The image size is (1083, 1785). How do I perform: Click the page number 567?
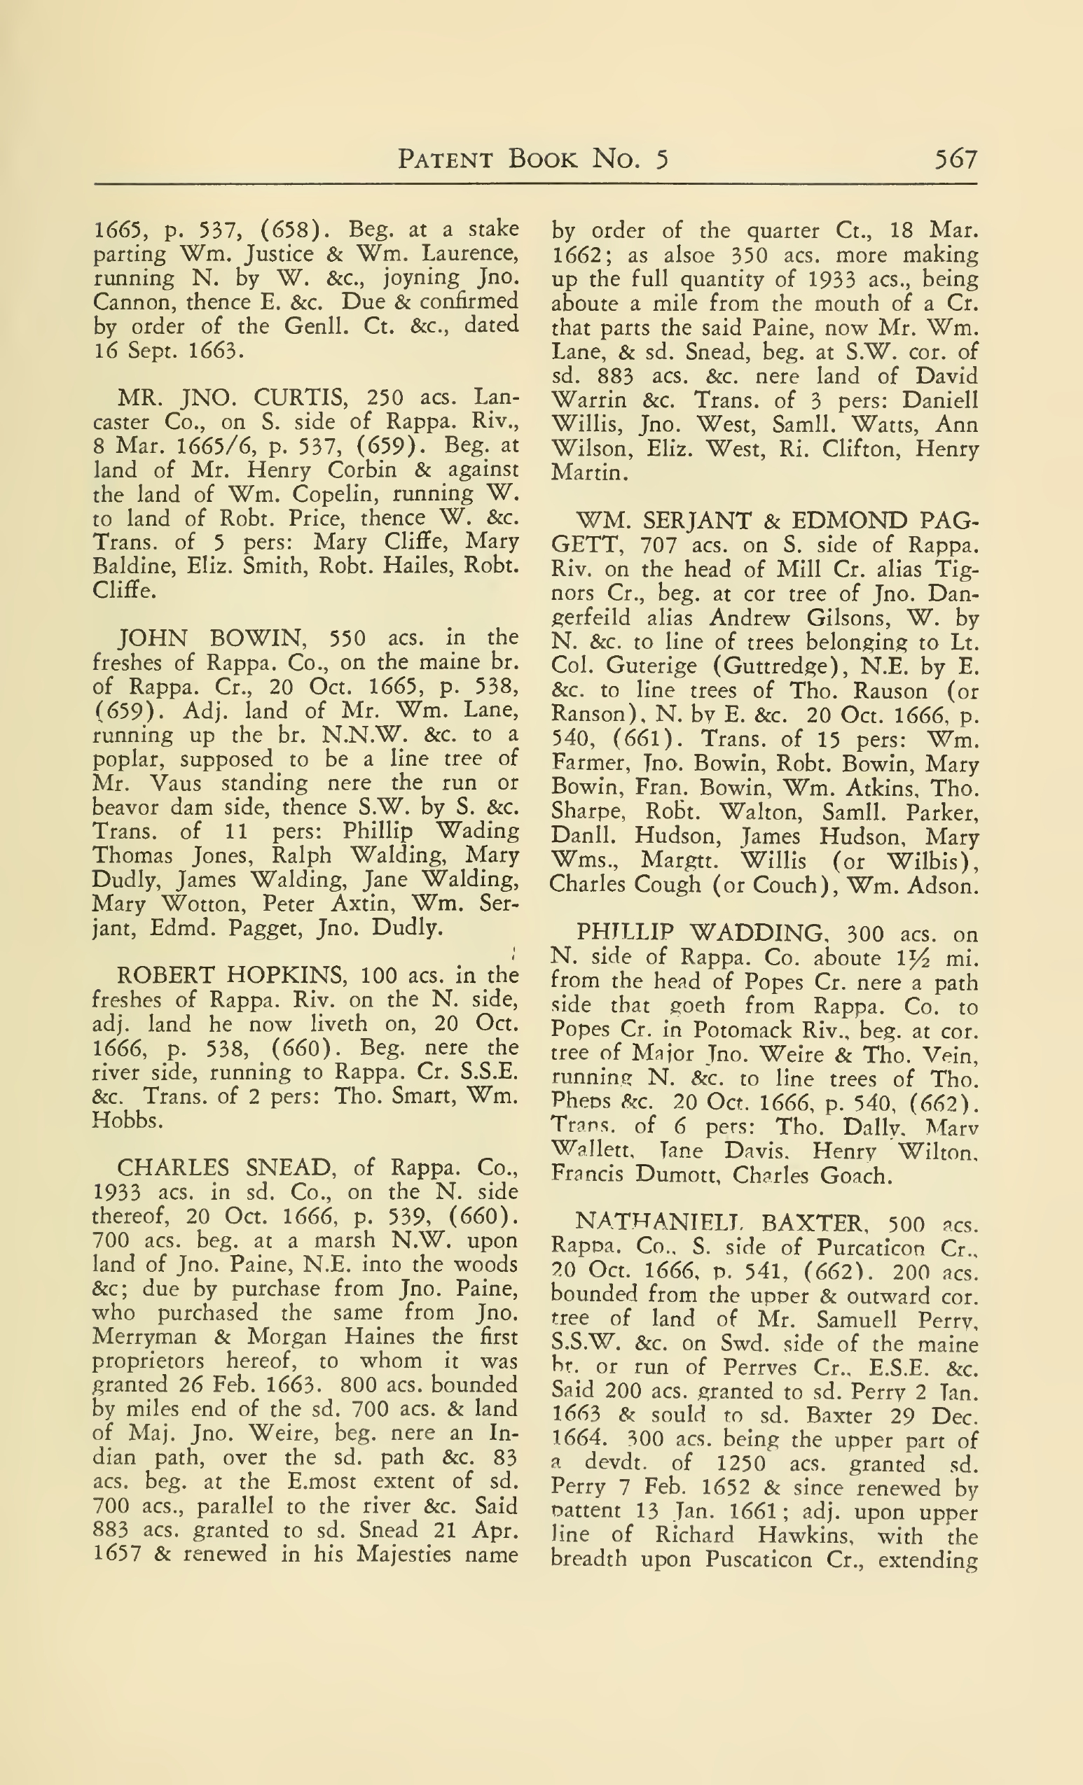956,159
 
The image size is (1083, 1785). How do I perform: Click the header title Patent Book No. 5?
533,159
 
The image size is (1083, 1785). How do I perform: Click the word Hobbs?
125,1120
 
